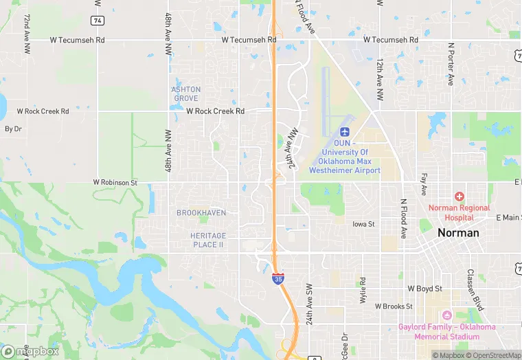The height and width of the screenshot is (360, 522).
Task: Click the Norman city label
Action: click(x=459, y=233)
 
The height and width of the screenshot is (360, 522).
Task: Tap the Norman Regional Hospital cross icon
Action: click(x=459, y=196)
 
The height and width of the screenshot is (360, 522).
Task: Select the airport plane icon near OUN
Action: click(x=345, y=131)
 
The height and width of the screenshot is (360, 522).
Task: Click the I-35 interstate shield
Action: click(x=277, y=278)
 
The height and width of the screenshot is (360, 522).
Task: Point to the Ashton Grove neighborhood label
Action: click(x=186, y=94)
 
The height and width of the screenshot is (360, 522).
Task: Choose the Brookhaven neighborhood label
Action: click(x=201, y=213)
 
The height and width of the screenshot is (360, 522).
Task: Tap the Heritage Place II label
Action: click(x=208, y=240)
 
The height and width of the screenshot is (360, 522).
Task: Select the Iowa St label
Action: click(x=363, y=224)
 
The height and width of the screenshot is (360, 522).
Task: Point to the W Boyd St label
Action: click(x=424, y=289)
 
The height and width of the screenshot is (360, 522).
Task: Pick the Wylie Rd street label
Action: click(x=362, y=291)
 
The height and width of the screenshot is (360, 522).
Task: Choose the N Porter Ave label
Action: click(x=451, y=64)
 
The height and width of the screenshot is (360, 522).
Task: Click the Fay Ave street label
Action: click(x=424, y=184)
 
